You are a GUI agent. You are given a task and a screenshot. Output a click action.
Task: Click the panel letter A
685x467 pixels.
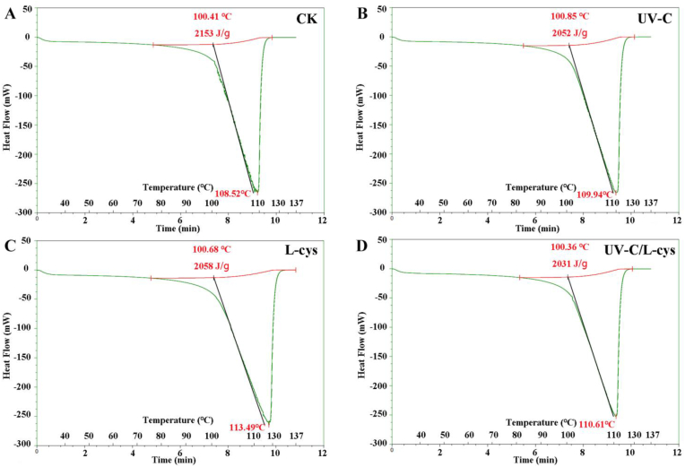point(11,14)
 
